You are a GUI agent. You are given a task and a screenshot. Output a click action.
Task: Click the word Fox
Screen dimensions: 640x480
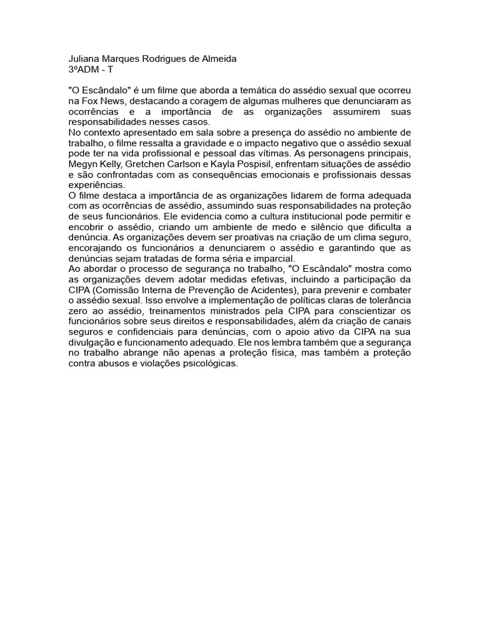[101, 101]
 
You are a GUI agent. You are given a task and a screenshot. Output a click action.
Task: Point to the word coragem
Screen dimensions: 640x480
[211, 101]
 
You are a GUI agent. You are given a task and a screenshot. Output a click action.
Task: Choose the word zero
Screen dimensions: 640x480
[79, 312]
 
